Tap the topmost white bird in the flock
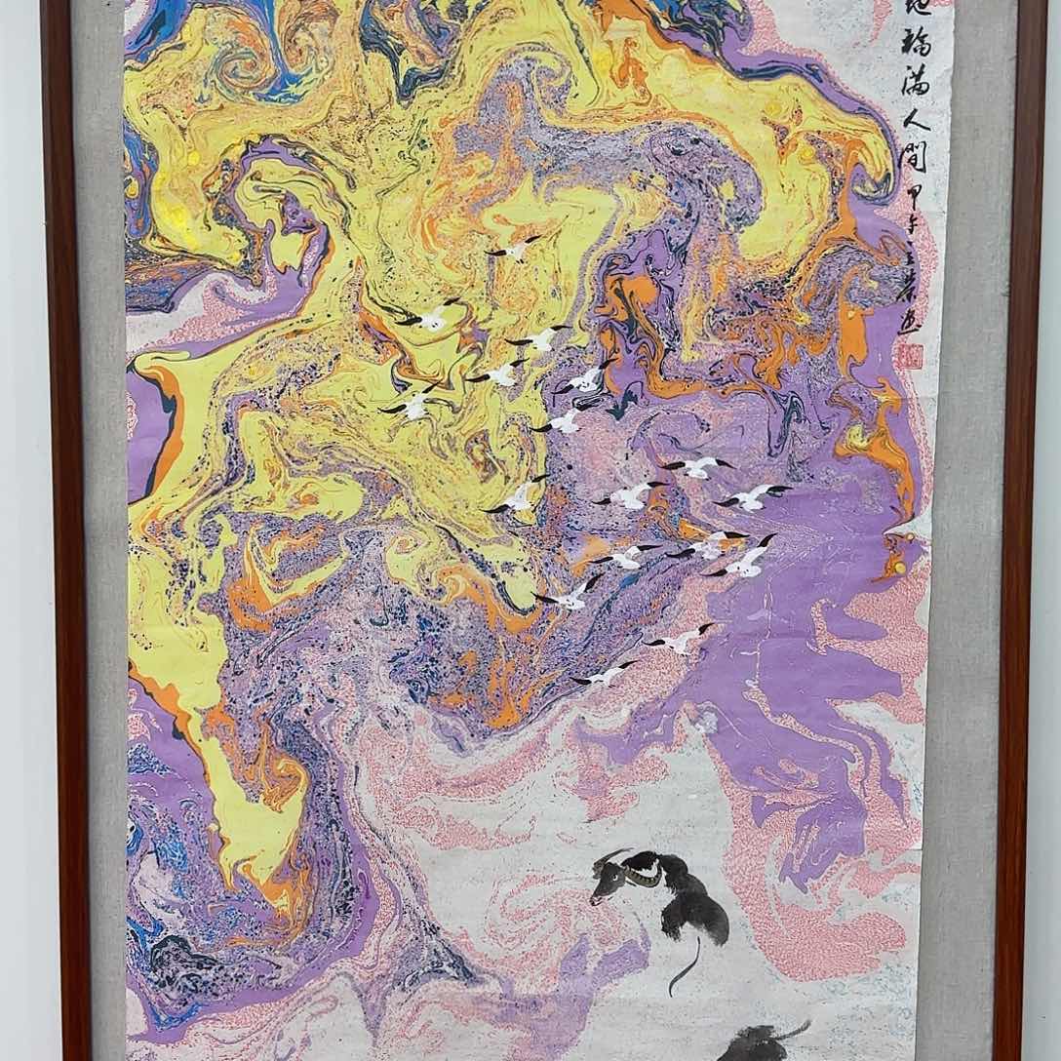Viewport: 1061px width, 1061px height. (x=514, y=249)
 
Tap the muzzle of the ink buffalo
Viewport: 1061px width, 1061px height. (x=596, y=896)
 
